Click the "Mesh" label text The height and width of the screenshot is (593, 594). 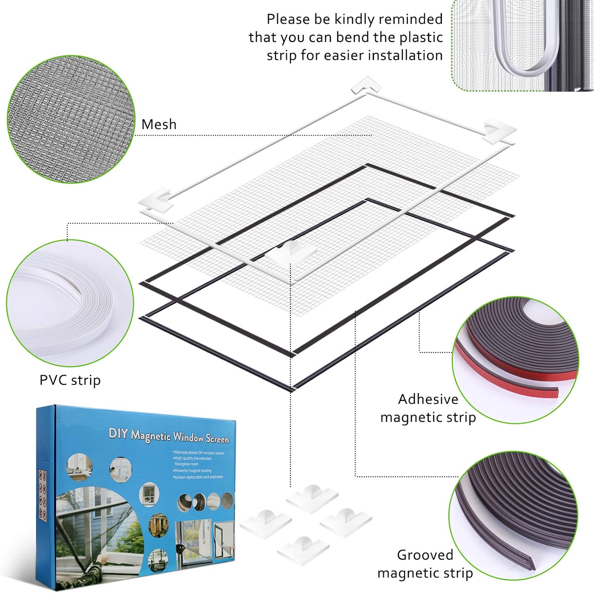click(x=159, y=124)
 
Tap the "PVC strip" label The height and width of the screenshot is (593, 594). click(x=70, y=380)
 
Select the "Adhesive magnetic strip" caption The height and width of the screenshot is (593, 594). click(x=428, y=408)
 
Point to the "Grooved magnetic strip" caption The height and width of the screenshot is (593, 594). click(x=425, y=564)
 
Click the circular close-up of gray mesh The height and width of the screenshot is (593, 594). click(x=71, y=119)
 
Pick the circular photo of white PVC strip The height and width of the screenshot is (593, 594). click(x=70, y=303)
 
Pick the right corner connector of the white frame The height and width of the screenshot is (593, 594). click(x=499, y=131)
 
